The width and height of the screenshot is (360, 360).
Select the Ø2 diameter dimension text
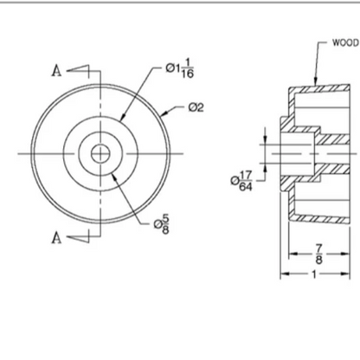(x=196, y=107)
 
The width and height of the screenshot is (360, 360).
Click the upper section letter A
(x=56, y=70)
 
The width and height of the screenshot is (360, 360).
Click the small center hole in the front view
(x=100, y=153)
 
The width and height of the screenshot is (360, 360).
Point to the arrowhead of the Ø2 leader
(x=162, y=112)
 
